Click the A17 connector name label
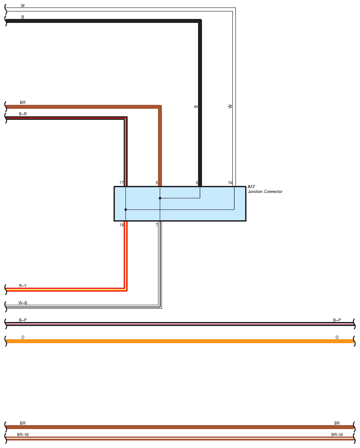pyautogui.click(x=251, y=187)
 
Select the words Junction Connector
pyautogui.click(x=265, y=192)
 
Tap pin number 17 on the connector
pyautogui.click(x=121, y=183)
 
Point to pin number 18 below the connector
pyautogui.click(x=121, y=225)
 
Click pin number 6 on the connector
pyautogui.click(x=157, y=183)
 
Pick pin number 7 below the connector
pyautogui.click(x=157, y=225)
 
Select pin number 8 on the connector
pyautogui.click(x=197, y=183)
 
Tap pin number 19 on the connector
pyautogui.click(x=230, y=183)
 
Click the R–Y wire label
pyautogui.click(x=23, y=286)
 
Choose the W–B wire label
pyautogui.click(x=23, y=303)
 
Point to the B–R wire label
pyautogui.click(x=23, y=114)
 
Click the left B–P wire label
pyautogui.click(x=23, y=320)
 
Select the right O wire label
pyautogui.click(x=337, y=337)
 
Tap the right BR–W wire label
pyautogui.click(x=337, y=435)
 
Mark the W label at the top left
pyautogui.click(x=23, y=6)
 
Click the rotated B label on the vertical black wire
pyautogui.click(x=196, y=107)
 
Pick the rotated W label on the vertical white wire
pyautogui.click(x=230, y=107)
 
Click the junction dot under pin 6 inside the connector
pyautogui.click(x=160, y=198)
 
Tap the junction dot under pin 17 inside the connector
pyautogui.click(x=125, y=210)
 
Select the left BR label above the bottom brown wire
pyautogui.click(x=23, y=423)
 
